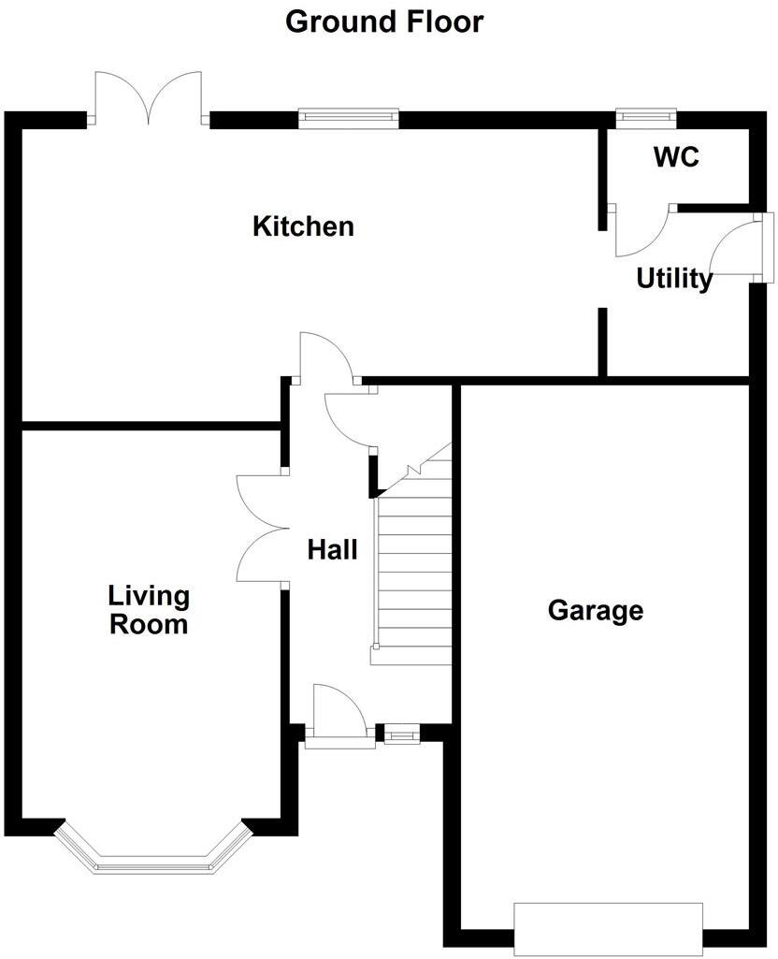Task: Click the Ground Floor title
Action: click(384, 21)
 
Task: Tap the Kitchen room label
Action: click(303, 226)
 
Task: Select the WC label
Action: click(676, 157)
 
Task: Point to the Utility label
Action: click(674, 279)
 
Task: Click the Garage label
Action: click(596, 611)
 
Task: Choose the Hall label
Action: click(332, 550)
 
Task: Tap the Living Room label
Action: click(149, 610)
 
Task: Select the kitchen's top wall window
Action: click(349, 118)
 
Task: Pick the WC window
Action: click(645, 116)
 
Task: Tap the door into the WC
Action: click(639, 230)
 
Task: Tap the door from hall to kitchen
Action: click(324, 358)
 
